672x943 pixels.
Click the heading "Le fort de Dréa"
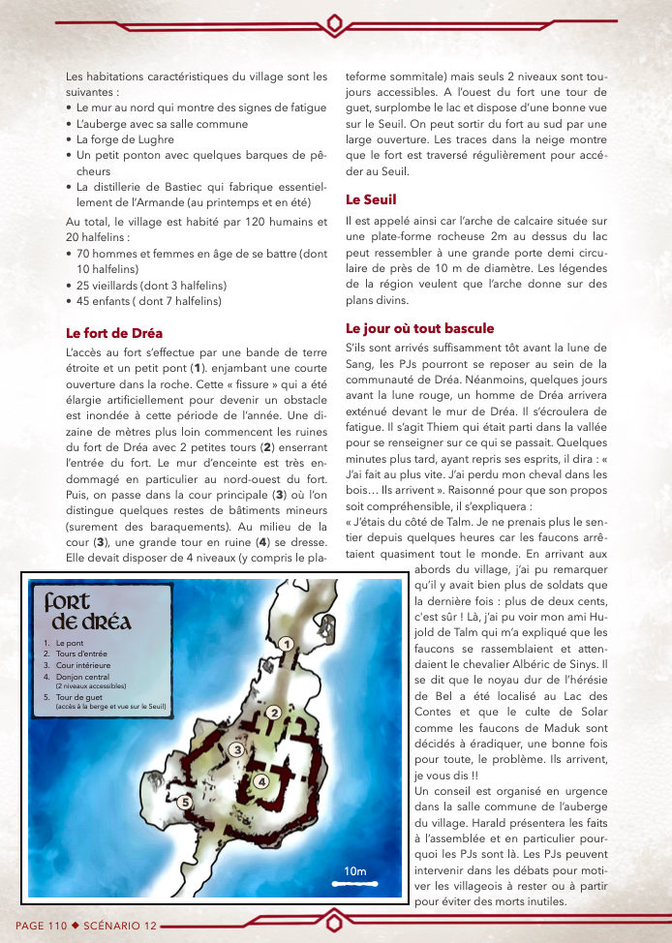click(x=113, y=333)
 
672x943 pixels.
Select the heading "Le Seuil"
click(x=371, y=199)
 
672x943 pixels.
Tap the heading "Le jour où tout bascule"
click(x=419, y=328)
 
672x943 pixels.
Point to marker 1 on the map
click(x=286, y=644)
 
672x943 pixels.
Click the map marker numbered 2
click(x=273, y=714)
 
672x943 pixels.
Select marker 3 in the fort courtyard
click(x=235, y=747)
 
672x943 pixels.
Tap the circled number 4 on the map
click(x=261, y=781)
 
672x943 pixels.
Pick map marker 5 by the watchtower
click(x=184, y=801)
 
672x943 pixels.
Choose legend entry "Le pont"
click(x=70, y=643)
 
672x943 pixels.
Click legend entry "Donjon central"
click(x=84, y=677)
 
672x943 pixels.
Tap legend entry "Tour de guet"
click(x=79, y=696)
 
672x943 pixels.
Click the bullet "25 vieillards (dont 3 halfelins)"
click(x=151, y=286)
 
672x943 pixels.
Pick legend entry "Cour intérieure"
click(x=83, y=665)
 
